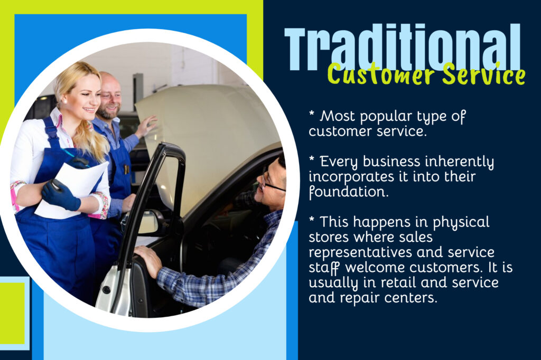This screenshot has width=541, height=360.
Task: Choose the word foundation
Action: tap(349, 192)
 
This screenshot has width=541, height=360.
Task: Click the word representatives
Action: tap(359, 252)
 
